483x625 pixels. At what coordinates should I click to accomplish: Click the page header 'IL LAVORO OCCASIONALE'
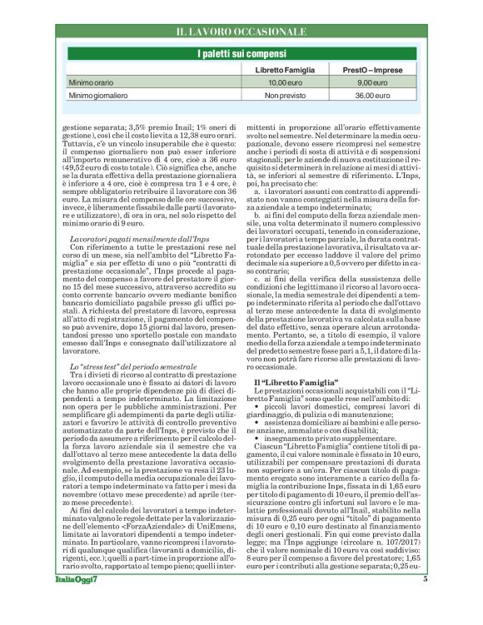coord(241,32)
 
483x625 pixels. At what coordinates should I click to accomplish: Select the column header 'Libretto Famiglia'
coord(284,71)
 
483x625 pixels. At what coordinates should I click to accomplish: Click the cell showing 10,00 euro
coord(284,84)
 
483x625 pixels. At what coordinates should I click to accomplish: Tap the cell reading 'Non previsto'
coord(284,97)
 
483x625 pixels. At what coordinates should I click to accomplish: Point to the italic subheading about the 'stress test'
coord(119,367)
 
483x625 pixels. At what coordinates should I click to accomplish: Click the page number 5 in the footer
coord(425,603)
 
